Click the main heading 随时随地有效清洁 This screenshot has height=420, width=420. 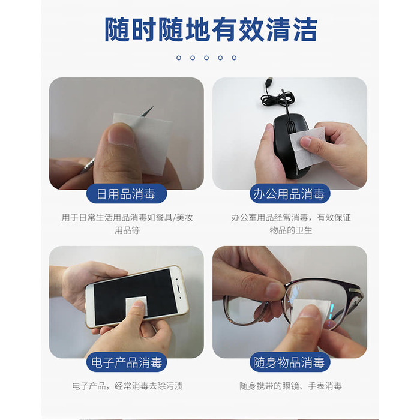211,29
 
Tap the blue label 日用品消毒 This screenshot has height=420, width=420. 127,194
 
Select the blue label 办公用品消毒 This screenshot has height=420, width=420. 290,194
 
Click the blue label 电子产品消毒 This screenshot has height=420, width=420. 127,362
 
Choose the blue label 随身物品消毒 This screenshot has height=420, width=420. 290,362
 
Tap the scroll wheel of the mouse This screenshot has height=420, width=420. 289,127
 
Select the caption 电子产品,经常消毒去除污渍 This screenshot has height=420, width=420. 127,386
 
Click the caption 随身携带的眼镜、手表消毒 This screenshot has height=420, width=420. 290,386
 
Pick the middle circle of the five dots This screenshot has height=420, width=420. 206,58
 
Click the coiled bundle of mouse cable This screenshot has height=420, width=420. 278,97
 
